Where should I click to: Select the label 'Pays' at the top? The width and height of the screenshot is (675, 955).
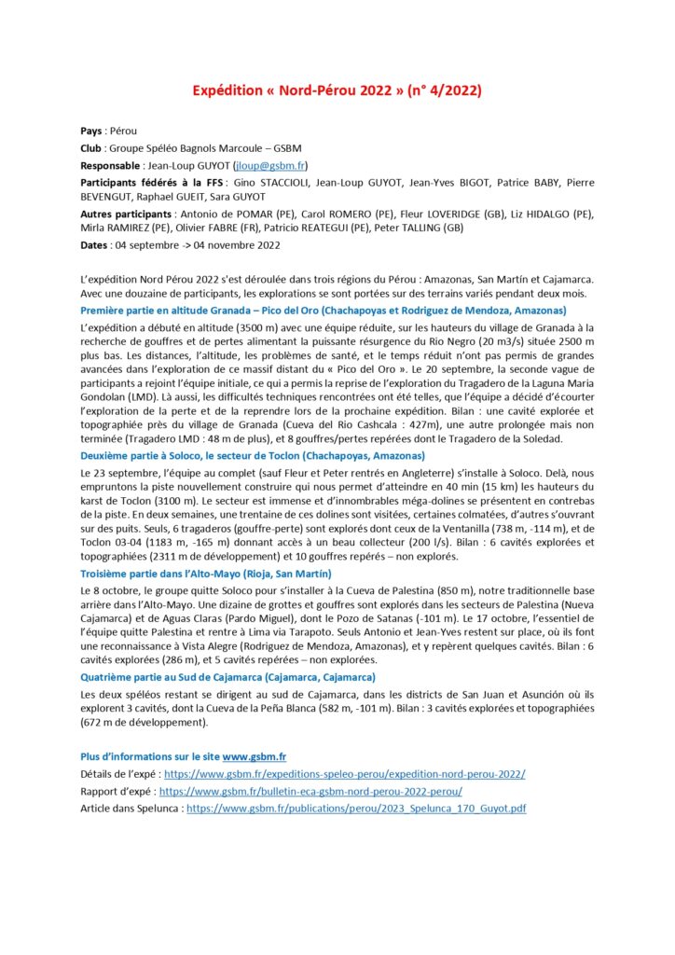pyautogui.click(x=91, y=131)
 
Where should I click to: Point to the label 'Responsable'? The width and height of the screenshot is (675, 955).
pyautogui.click(x=112, y=165)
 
